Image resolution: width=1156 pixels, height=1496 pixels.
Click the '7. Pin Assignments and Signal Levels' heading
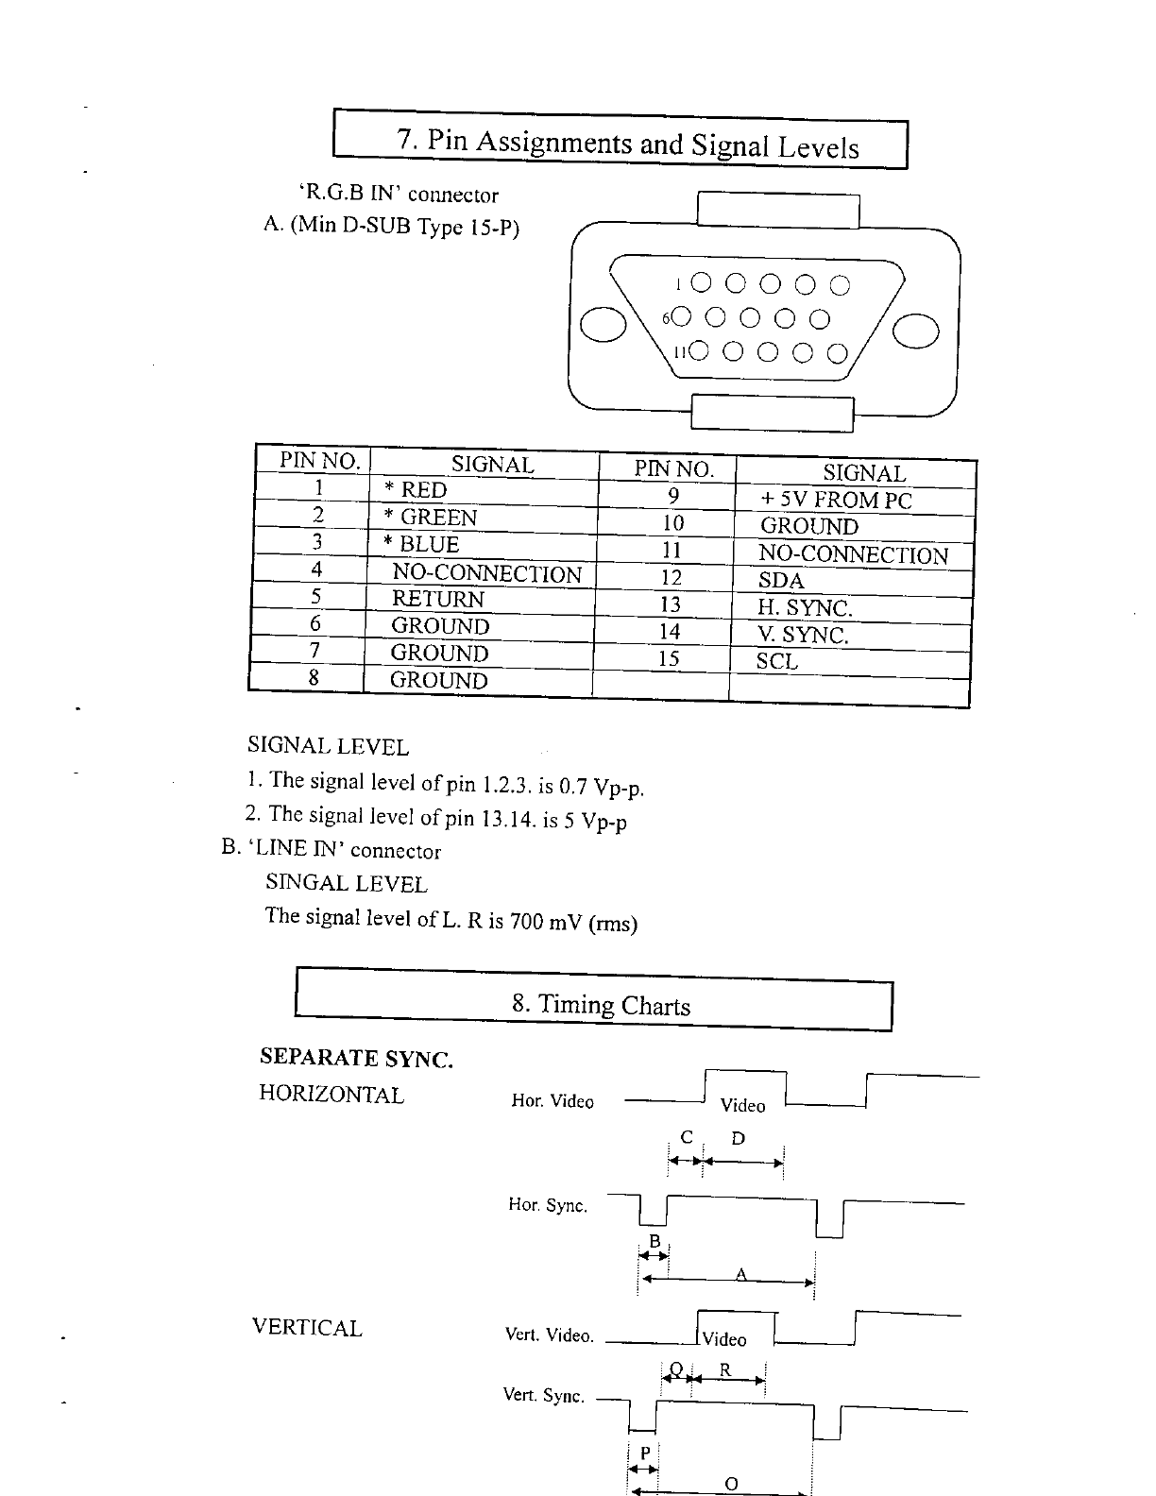pyautogui.click(x=628, y=144)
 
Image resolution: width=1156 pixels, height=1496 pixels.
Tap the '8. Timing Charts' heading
pyautogui.click(x=601, y=1005)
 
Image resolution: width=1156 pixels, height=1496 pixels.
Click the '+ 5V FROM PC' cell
pyautogui.click(x=836, y=500)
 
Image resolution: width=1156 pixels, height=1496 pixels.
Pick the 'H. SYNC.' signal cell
pyautogui.click(x=805, y=608)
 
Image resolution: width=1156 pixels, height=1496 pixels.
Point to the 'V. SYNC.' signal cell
pyautogui.click(x=803, y=635)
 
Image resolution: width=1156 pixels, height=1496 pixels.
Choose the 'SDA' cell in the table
pyautogui.click(x=781, y=581)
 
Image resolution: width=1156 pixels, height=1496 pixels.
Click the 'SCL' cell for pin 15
pyautogui.click(x=777, y=661)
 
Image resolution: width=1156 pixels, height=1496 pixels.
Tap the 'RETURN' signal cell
pyautogui.click(x=437, y=599)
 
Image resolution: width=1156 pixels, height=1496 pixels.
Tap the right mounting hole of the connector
pyautogui.click(x=916, y=331)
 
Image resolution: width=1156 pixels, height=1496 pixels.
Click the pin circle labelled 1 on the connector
pyautogui.click(x=701, y=282)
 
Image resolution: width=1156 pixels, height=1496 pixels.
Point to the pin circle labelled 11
pyautogui.click(x=697, y=352)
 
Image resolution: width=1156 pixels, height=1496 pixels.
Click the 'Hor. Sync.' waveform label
pyautogui.click(x=548, y=1205)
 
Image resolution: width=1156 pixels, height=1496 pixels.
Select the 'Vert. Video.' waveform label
pyautogui.click(x=549, y=1335)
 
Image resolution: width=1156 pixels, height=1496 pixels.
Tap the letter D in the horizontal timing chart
pyautogui.click(x=739, y=1139)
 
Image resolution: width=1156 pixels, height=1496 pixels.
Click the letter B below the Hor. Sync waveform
pyautogui.click(x=653, y=1241)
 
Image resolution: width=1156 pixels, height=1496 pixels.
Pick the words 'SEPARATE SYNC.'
pyautogui.click(x=356, y=1059)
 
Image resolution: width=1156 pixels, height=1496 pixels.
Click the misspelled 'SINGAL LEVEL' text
pyautogui.click(x=347, y=884)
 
